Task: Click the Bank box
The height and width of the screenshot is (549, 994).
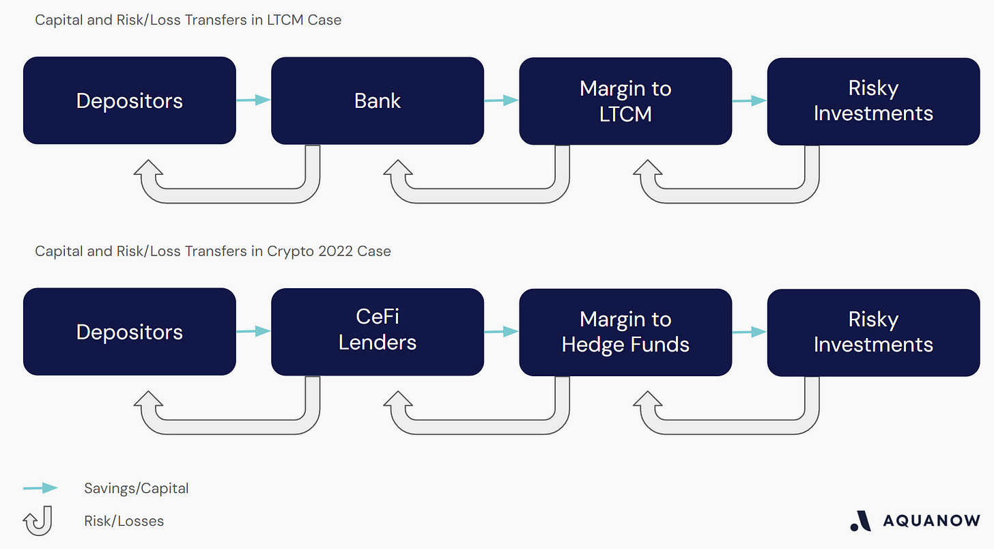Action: (378, 100)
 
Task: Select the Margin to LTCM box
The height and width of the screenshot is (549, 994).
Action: (625, 100)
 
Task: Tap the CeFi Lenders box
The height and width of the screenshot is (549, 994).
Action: (378, 331)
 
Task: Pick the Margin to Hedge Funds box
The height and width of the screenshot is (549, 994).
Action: (625, 331)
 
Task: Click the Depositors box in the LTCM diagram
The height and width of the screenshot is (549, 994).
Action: (130, 100)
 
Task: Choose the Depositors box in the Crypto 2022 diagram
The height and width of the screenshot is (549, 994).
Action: (130, 331)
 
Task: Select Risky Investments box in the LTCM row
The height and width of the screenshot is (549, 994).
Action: (873, 100)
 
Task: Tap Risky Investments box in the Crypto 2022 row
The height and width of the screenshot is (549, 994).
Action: (873, 331)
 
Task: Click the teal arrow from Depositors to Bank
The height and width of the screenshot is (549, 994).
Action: (253, 100)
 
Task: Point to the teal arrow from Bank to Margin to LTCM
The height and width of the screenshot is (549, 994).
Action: (501, 100)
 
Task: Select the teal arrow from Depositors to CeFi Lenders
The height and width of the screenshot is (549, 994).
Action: (253, 331)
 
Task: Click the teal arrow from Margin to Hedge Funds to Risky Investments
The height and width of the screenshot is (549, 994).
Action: (749, 331)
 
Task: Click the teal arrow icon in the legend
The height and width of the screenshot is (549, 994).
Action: (40, 488)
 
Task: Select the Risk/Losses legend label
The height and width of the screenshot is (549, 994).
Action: (124, 521)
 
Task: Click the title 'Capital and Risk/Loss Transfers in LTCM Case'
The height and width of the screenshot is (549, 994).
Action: (188, 20)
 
